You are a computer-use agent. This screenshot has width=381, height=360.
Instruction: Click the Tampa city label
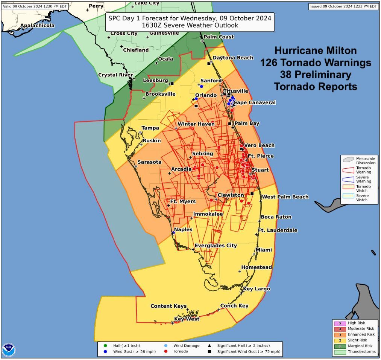coord(150,128)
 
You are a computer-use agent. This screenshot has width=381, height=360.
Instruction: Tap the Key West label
coord(187,319)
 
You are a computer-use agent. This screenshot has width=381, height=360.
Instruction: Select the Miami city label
coord(264,250)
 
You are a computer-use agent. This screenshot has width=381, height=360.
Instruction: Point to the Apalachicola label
coord(37,26)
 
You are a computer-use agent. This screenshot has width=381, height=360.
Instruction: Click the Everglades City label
coord(216,246)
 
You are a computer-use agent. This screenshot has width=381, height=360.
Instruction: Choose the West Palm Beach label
coord(285,197)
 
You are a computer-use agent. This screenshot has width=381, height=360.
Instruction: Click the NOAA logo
coord(9,350)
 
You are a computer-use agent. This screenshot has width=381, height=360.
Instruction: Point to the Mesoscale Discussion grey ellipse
coord(348,159)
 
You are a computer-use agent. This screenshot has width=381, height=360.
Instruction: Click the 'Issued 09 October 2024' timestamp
coord(344,6)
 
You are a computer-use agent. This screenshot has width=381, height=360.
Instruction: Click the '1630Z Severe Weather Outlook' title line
coord(190,26)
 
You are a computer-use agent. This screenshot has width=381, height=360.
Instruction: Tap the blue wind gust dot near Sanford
coord(202,87)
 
